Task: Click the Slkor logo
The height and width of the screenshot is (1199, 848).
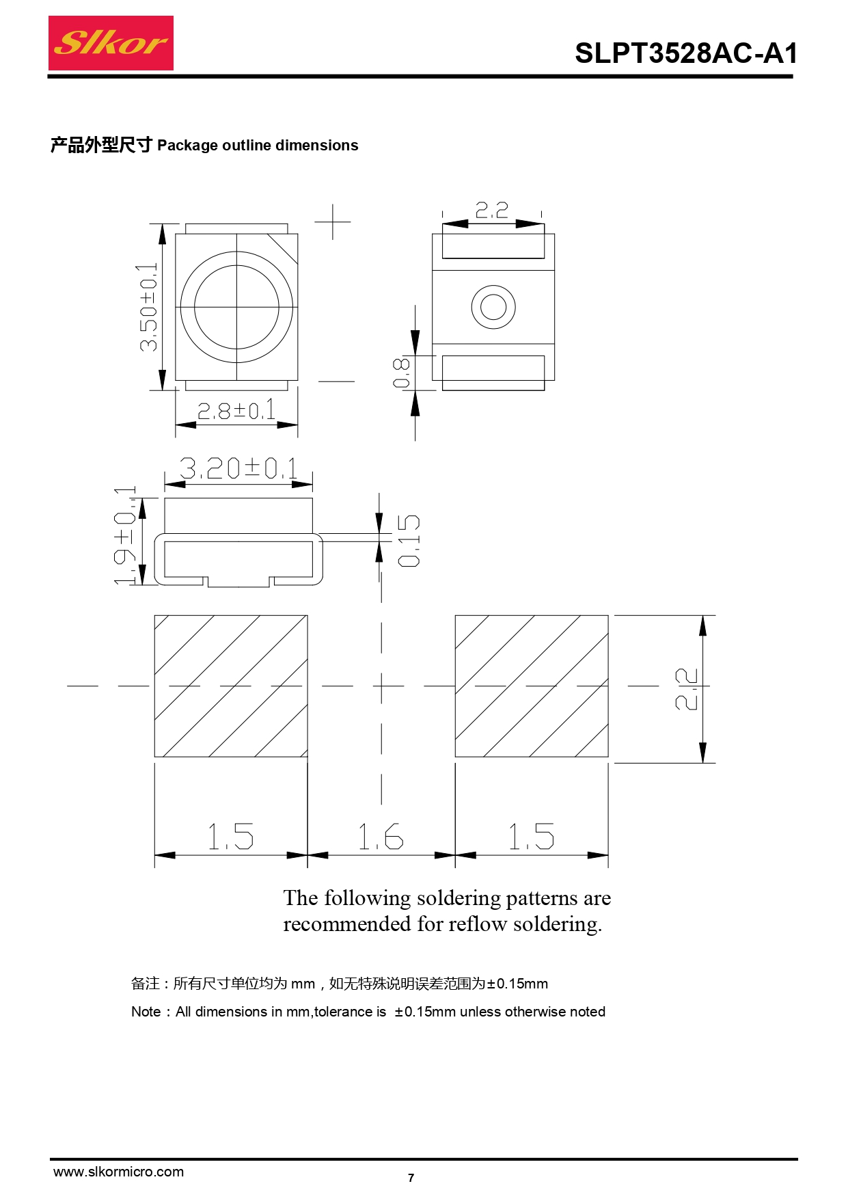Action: coord(111,43)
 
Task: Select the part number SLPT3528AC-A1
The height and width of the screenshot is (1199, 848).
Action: coord(686,53)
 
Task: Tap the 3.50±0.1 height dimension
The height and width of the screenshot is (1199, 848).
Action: coord(148,308)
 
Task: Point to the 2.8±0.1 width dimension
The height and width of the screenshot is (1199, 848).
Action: coord(236,410)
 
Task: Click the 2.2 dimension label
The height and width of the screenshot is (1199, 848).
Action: coord(492,209)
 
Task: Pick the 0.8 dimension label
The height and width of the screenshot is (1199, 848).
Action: coord(401,373)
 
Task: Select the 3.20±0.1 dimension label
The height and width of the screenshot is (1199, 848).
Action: coord(238,468)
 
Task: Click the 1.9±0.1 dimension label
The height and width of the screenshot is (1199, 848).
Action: coord(125,536)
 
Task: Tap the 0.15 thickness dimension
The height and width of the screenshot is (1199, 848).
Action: coord(409,541)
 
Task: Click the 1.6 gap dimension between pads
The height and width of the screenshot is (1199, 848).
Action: coord(381,837)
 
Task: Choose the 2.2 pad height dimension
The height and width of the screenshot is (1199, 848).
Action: coord(686,689)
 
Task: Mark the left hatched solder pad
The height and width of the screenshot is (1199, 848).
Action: coord(231,686)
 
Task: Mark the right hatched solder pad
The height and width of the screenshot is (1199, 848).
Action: coord(532,686)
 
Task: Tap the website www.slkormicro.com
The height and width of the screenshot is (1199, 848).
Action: coord(119,1172)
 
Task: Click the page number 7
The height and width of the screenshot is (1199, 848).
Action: coord(411,1178)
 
